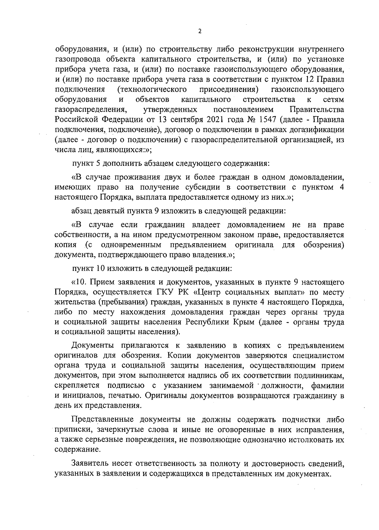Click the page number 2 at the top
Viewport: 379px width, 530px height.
[199, 31]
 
